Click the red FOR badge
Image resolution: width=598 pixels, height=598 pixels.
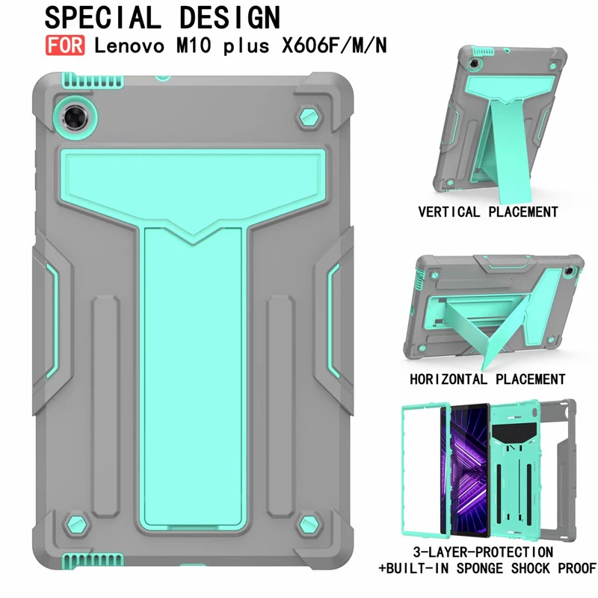[x=65, y=46]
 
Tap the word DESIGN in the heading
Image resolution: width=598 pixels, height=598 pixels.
[x=229, y=18]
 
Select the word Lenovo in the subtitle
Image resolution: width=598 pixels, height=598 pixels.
[x=129, y=46]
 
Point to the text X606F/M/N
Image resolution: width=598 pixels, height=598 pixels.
[x=334, y=46]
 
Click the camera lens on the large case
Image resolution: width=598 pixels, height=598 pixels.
[x=75, y=117]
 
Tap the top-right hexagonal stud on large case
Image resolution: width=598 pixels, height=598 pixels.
[x=309, y=118]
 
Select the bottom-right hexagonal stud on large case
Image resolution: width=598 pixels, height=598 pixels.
[x=309, y=525]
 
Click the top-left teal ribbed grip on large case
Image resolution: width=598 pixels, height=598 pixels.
[x=92, y=80]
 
